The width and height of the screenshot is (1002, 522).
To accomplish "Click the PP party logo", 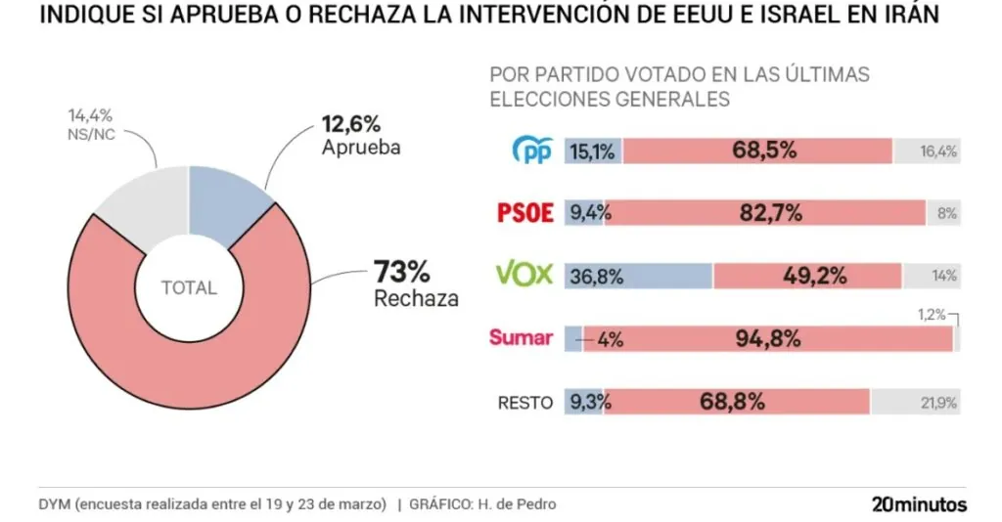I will [x=533, y=151].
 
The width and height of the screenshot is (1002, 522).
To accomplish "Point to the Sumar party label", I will [x=521, y=338].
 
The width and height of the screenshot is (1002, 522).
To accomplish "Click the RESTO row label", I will [x=525, y=402].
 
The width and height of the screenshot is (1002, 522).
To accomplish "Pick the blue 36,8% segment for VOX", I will [x=639, y=276].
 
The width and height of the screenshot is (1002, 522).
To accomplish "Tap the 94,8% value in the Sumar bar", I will [x=768, y=338].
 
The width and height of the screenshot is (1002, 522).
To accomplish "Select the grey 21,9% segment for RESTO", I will [x=915, y=402].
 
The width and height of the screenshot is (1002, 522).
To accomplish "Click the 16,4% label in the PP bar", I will [x=938, y=152].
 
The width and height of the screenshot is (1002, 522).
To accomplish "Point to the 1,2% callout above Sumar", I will [x=932, y=314].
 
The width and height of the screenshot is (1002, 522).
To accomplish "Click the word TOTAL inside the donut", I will [x=189, y=288].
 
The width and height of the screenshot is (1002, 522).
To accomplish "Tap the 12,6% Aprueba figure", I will [x=350, y=124].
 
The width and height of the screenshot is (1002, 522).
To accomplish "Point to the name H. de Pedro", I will [x=519, y=504].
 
